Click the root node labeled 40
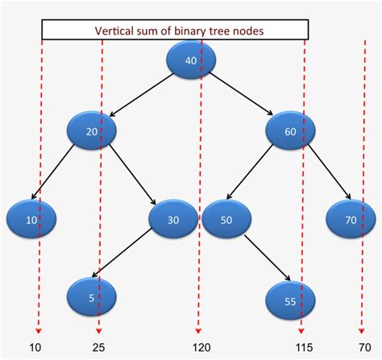[192, 60]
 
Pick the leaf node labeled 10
[31, 220]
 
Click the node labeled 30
[173, 220]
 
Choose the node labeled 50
[226, 220]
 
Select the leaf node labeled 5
[92, 296]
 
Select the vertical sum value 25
[98, 347]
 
